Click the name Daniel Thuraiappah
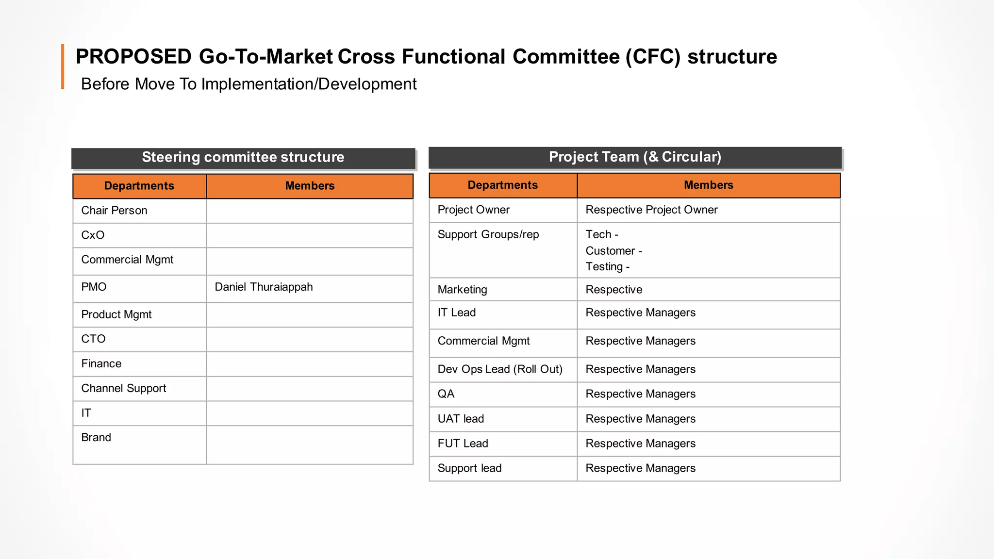pyautogui.click(x=264, y=287)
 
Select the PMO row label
pyautogui.click(x=94, y=287)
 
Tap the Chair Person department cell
pyautogui.click(x=114, y=211)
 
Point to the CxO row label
pyautogui.click(x=93, y=235)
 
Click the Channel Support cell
pyautogui.click(x=123, y=388)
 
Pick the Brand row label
pyautogui.click(x=96, y=437)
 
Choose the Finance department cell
pyautogui.click(x=101, y=363)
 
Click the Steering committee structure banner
pyautogui.click(x=243, y=157)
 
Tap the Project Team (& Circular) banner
pyautogui.click(x=634, y=157)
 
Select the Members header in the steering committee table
pyautogui.click(x=310, y=186)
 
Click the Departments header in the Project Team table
pyautogui.click(x=502, y=185)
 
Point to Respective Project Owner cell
pyautogui.click(x=651, y=210)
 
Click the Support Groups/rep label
pyautogui.click(x=488, y=234)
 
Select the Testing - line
pyautogui.click(x=607, y=266)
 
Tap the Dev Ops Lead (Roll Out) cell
pyautogui.click(x=499, y=369)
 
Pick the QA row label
pyautogui.click(x=446, y=394)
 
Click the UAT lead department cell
pyautogui.click(x=461, y=419)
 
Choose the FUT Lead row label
pyautogui.click(x=463, y=444)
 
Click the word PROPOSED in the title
pyautogui.click(x=133, y=57)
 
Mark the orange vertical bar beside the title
pyautogui.click(x=63, y=66)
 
